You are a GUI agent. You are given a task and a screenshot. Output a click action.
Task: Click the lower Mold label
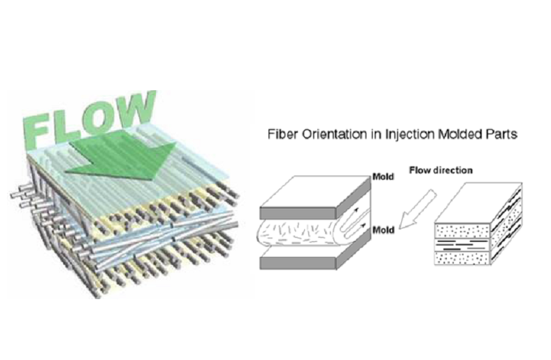tap(383, 230)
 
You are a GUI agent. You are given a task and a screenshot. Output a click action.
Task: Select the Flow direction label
tap(441, 171)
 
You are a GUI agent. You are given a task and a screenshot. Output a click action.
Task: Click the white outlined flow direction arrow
tap(417, 210)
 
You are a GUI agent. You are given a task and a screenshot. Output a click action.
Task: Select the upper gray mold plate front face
tap(298, 213)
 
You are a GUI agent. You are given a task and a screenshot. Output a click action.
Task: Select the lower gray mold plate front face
tap(298, 264)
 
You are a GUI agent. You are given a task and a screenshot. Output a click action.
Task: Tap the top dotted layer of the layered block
tap(462, 231)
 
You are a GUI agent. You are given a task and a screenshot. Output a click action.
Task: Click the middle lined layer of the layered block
tap(462, 245)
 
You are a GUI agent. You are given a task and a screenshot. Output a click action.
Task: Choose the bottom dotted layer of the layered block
tap(462, 258)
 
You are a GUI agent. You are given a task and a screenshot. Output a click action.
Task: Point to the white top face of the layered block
tap(478, 203)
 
